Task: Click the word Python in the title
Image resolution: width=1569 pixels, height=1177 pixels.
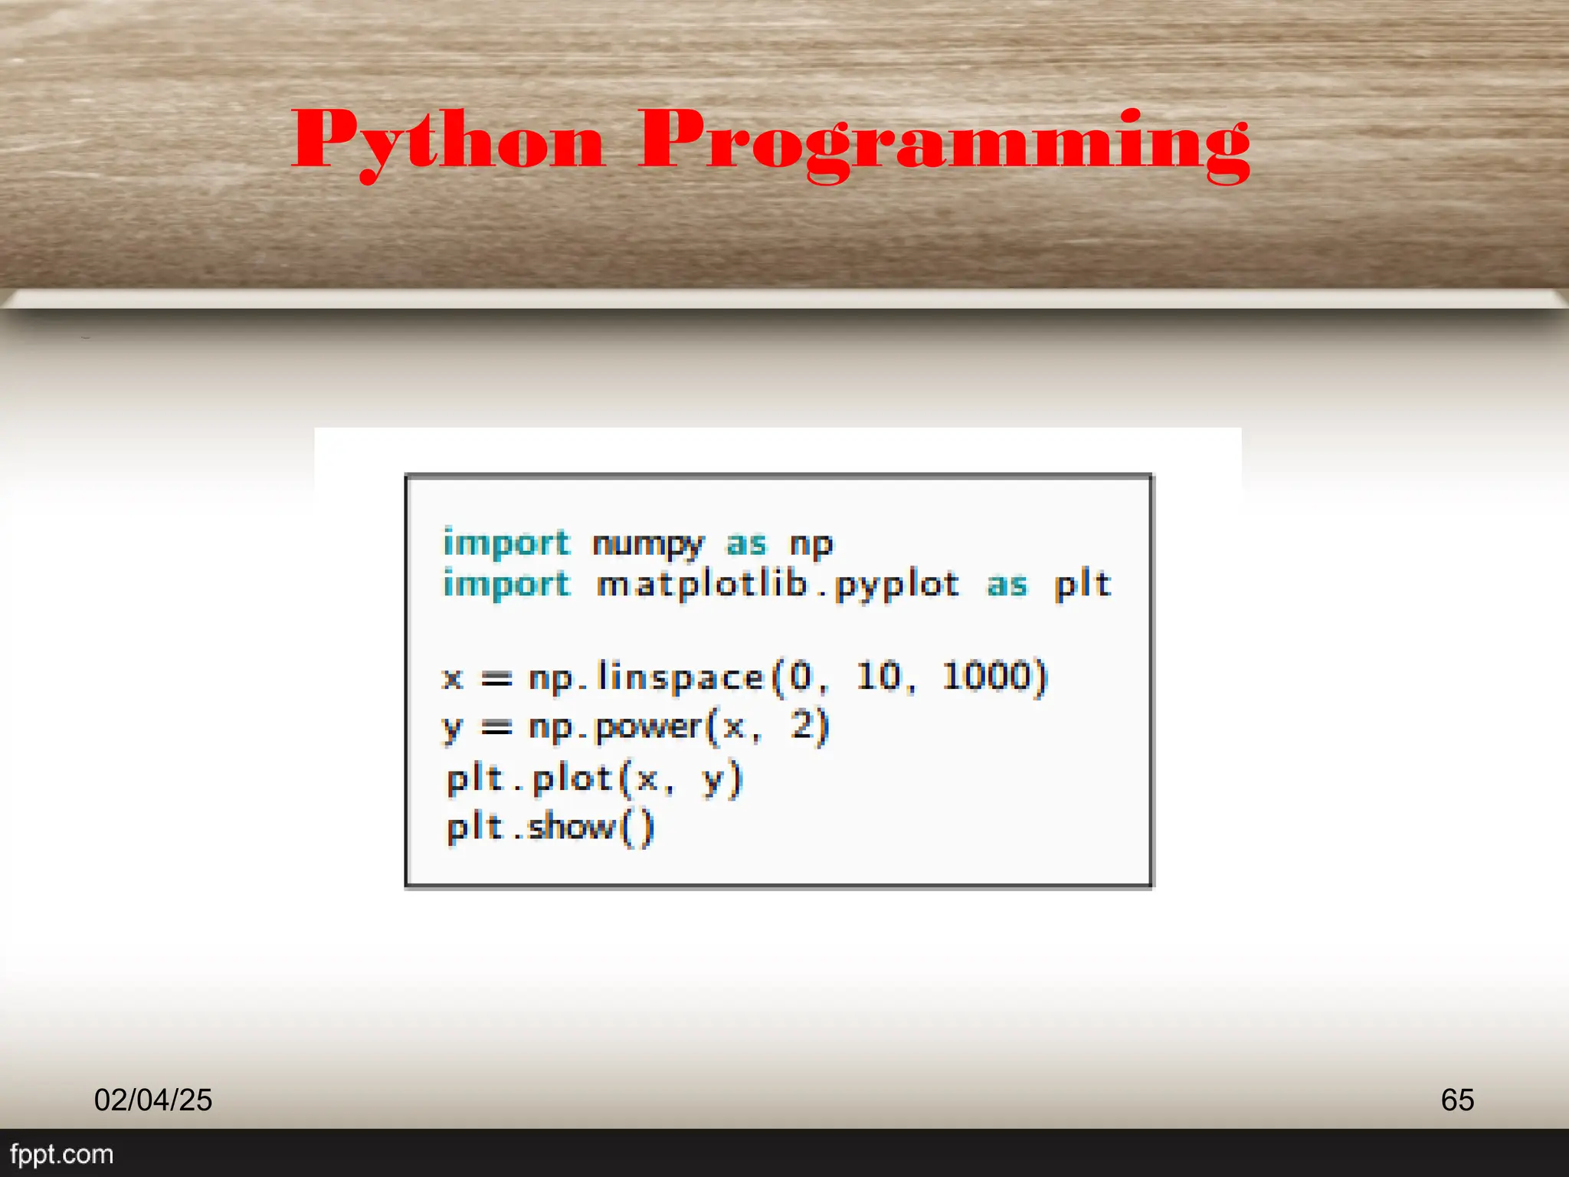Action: (x=448, y=142)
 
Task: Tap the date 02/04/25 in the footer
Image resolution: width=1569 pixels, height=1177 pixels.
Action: (x=153, y=1100)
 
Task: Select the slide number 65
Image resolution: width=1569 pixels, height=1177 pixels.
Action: (x=1457, y=1100)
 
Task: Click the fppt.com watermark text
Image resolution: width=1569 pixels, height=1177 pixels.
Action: (x=61, y=1154)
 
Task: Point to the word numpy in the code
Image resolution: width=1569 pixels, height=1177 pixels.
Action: (x=647, y=544)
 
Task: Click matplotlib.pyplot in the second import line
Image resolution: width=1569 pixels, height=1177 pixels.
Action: (x=778, y=585)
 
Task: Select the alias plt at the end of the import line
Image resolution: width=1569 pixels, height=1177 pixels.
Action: (x=1082, y=585)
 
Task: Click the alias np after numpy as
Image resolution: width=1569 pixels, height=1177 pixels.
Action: (x=811, y=544)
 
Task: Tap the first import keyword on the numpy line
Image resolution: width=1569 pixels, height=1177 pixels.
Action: (x=506, y=543)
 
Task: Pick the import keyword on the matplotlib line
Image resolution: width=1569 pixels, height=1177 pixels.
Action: (x=506, y=585)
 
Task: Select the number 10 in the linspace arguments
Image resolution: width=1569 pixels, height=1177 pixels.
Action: (x=879, y=676)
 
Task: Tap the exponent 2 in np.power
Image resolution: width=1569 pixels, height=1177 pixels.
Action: (x=802, y=724)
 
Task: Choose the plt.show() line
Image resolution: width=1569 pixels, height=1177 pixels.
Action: (x=550, y=828)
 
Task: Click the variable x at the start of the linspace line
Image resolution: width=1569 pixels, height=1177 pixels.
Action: (x=453, y=678)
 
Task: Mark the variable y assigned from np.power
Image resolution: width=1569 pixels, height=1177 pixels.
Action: (x=453, y=728)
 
